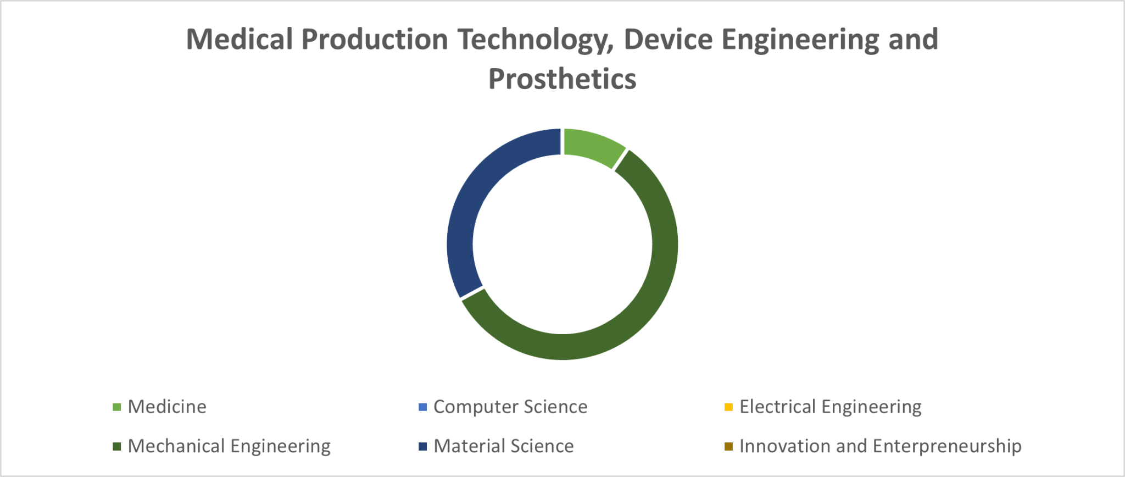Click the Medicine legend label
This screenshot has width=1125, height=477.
(167, 407)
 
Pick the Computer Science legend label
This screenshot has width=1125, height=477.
(510, 407)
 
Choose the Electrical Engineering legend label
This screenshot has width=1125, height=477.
(831, 407)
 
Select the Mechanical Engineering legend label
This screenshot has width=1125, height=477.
(229, 446)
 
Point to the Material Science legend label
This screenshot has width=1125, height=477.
(504, 446)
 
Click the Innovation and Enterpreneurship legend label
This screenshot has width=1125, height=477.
(881, 446)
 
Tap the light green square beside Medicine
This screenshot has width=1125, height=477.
(116, 407)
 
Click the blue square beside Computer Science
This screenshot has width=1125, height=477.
(422, 407)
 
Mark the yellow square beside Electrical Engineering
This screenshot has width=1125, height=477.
(728, 407)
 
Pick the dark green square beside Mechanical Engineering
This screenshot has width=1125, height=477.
(116, 447)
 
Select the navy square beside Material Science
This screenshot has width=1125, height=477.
(422, 447)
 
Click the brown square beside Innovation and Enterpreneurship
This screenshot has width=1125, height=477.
(728, 447)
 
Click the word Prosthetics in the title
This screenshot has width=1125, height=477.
(562, 79)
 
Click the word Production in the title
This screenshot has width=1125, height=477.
(375, 40)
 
